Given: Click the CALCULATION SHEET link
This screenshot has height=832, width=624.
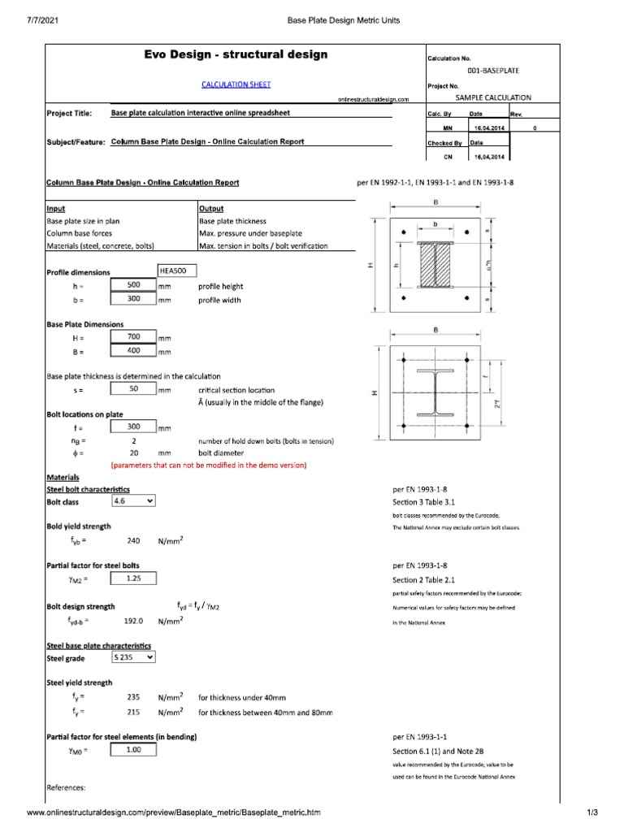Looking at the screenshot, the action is pyautogui.click(x=236, y=84).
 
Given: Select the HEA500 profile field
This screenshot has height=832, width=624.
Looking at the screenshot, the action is pyautogui.click(x=177, y=271).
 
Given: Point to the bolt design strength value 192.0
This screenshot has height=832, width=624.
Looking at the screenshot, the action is pyautogui.click(x=133, y=621).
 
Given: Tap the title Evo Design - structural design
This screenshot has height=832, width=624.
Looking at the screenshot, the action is pyautogui.click(x=236, y=54).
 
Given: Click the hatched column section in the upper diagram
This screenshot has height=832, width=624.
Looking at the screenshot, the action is pyautogui.click(x=435, y=265).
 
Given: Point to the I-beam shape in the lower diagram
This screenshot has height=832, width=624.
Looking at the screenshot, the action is pyautogui.click(x=435, y=392).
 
